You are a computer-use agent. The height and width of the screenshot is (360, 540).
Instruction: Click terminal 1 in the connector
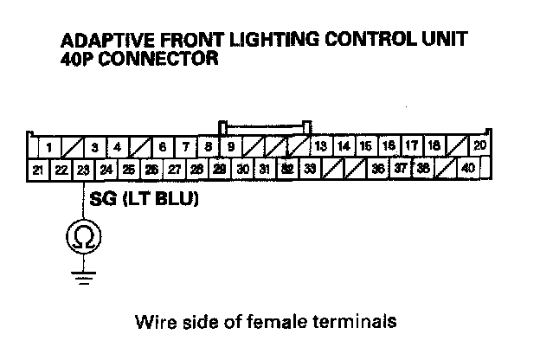(x=52, y=147)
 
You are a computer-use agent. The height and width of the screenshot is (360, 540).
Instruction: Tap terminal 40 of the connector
(x=468, y=168)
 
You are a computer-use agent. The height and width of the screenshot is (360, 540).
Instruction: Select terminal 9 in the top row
(x=231, y=147)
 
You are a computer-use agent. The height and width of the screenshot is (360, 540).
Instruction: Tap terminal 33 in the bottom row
(x=310, y=169)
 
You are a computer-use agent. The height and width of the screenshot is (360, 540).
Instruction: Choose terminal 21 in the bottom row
(x=38, y=169)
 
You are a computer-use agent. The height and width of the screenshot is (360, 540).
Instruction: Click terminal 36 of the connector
(x=378, y=169)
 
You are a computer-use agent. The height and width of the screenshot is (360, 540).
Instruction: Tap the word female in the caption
(x=291, y=323)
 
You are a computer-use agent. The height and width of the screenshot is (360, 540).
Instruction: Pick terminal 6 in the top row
(x=162, y=147)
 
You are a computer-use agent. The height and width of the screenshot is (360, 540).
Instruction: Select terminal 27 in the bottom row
(x=174, y=169)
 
